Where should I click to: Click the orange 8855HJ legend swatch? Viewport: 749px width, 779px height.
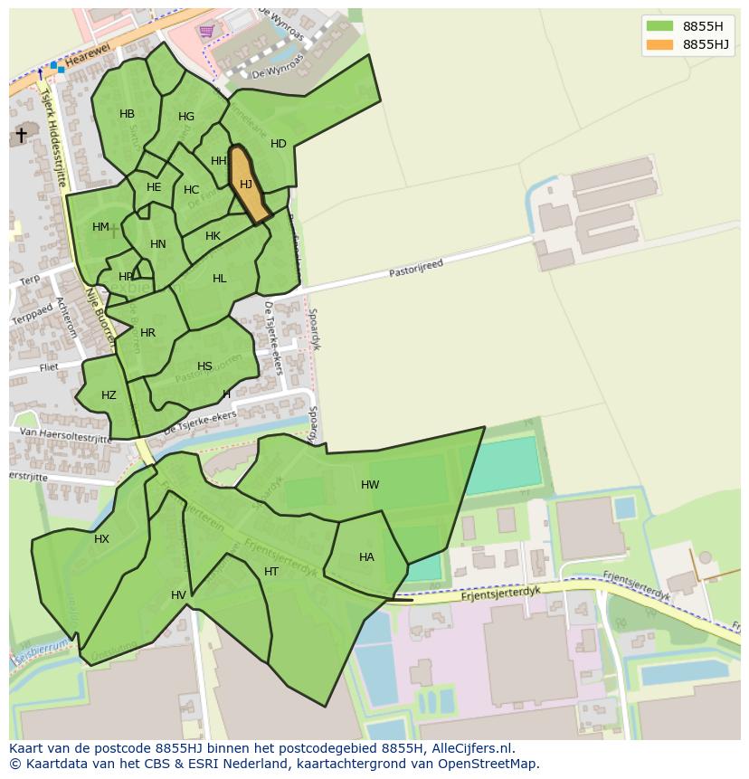click(659, 44)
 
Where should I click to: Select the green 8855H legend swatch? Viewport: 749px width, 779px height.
click(659, 25)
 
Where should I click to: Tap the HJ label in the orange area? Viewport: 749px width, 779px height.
click(246, 185)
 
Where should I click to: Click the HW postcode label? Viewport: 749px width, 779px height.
click(370, 485)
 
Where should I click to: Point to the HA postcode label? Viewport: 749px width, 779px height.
click(366, 557)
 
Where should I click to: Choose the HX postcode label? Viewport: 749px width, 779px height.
click(101, 539)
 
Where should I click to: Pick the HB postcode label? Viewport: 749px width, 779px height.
click(127, 114)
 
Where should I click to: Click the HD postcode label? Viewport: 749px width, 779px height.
click(279, 144)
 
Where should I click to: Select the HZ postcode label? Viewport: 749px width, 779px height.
click(109, 395)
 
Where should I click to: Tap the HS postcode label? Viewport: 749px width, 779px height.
click(204, 366)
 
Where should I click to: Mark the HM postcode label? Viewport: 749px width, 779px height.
click(100, 227)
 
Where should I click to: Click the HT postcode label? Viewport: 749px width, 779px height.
click(271, 572)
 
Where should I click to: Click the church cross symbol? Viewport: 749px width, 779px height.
click(21, 135)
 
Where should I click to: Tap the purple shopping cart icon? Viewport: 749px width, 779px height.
click(207, 31)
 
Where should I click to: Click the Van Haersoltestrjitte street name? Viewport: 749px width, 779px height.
click(60, 436)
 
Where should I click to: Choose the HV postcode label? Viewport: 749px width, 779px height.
click(178, 595)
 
